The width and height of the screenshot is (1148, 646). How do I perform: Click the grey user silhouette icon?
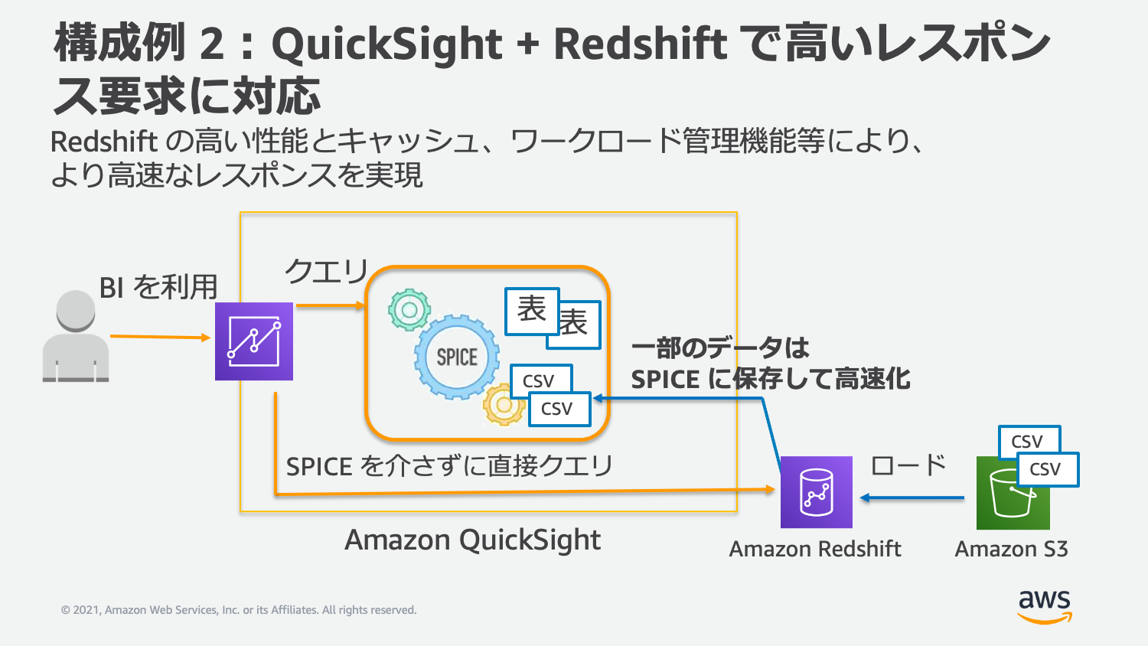coord(75,337)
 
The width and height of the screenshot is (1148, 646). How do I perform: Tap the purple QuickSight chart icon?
coord(254,341)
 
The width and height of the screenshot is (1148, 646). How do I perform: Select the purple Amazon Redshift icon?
coord(816,492)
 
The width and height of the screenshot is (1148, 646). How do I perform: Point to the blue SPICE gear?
coord(456,357)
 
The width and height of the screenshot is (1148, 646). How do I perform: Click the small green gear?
coord(409,310)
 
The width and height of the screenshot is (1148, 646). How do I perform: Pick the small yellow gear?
coord(503,405)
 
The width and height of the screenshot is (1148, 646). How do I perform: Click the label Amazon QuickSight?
coord(472,540)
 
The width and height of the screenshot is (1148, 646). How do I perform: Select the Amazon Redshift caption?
coord(815,549)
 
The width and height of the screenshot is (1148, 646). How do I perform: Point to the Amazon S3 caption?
coord(1011,549)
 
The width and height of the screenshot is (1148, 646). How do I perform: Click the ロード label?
coord(908,465)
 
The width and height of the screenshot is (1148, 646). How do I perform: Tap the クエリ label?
coord(327,271)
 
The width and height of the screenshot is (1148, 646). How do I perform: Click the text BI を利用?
coord(158,287)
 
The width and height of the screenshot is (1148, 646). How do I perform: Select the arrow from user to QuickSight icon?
coord(159,336)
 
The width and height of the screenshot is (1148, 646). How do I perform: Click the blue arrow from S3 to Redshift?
coord(912,498)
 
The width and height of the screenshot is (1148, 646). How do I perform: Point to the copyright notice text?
coord(239,610)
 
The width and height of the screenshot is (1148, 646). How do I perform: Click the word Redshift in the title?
coord(640,43)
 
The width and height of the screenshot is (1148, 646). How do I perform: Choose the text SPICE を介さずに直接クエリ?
coord(449,465)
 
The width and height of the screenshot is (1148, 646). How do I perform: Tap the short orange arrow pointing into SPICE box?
coord(330,305)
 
